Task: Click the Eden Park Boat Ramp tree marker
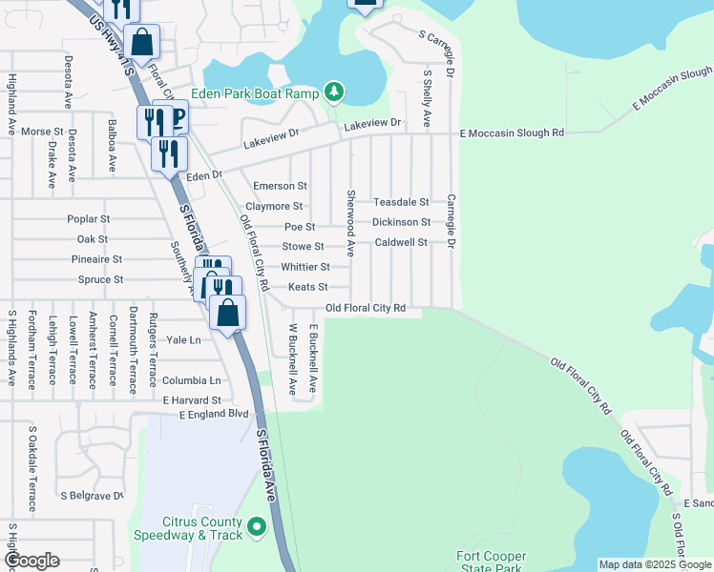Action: coord(333,92)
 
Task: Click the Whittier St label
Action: coord(305,267)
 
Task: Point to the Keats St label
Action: coord(308,287)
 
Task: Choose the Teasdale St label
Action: coord(401,202)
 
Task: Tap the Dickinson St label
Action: coord(401,222)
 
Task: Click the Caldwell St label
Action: coord(401,243)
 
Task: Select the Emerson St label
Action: coord(280,186)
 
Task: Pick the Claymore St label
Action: coord(274,206)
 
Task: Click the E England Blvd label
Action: coord(213,414)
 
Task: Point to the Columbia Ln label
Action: coord(191,380)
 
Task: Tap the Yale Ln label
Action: coord(184,339)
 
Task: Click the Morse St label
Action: coord(42,132)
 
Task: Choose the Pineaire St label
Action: coord(96,259)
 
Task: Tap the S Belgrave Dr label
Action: coord(93,496)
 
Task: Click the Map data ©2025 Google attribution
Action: coord(654,564)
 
